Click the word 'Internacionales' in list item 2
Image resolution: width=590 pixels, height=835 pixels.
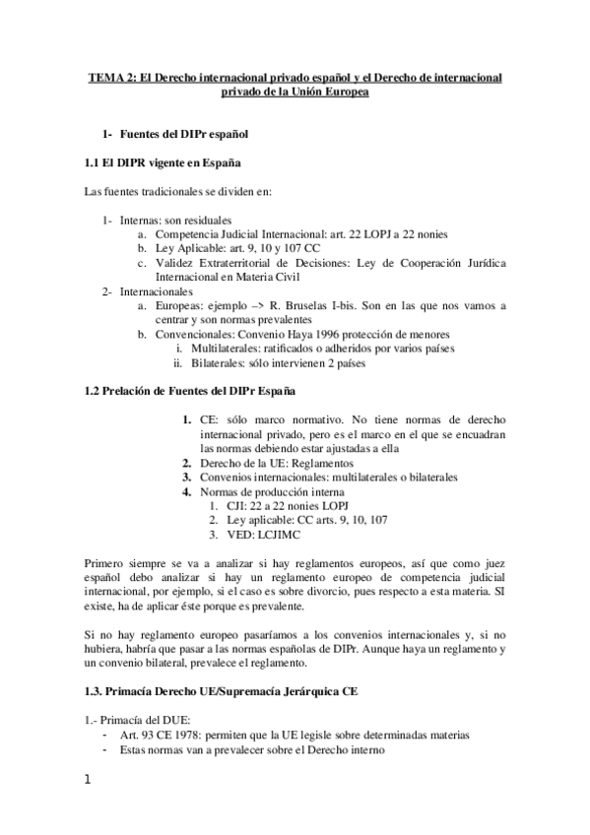click(156, 291)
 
